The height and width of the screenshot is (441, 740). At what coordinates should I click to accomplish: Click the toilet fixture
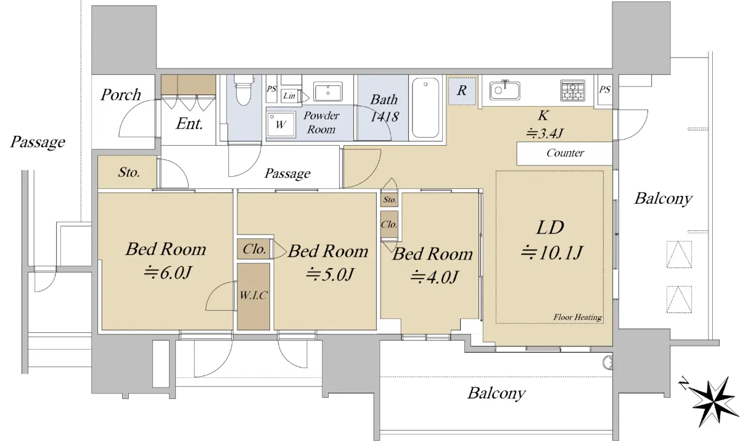pos(244,90)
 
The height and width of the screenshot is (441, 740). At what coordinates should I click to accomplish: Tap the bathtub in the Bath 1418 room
pos(425,108)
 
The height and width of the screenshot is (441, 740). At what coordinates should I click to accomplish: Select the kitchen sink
pos(504,90)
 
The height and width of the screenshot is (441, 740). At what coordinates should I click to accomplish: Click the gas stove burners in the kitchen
pos(573,90)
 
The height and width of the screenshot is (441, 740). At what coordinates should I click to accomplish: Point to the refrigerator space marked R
pos(462,90)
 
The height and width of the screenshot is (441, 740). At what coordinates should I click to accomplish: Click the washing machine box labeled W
pos(281,124)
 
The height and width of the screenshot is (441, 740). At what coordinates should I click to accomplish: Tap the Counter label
pos(565,153)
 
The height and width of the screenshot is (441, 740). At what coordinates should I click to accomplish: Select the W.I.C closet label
pos(253,295)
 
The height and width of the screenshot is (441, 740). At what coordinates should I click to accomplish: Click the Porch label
pos(121,95)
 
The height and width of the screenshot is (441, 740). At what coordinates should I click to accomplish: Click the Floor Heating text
pos(577,317)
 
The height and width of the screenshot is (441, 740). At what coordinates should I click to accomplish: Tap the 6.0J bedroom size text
pos(168,273)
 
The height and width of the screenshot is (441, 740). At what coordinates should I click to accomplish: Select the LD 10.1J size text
pos(552,253)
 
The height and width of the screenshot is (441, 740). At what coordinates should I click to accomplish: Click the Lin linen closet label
pos(289,96)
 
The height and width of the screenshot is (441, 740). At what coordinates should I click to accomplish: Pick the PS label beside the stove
pos(604,90)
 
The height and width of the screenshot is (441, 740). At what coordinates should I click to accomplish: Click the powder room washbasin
pos(327,91)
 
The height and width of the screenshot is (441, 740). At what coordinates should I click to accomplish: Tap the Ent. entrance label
pos(189,124)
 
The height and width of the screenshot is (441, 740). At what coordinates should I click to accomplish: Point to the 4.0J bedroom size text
pos(434,277)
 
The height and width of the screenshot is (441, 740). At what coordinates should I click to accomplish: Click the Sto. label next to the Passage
pos(129,172)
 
